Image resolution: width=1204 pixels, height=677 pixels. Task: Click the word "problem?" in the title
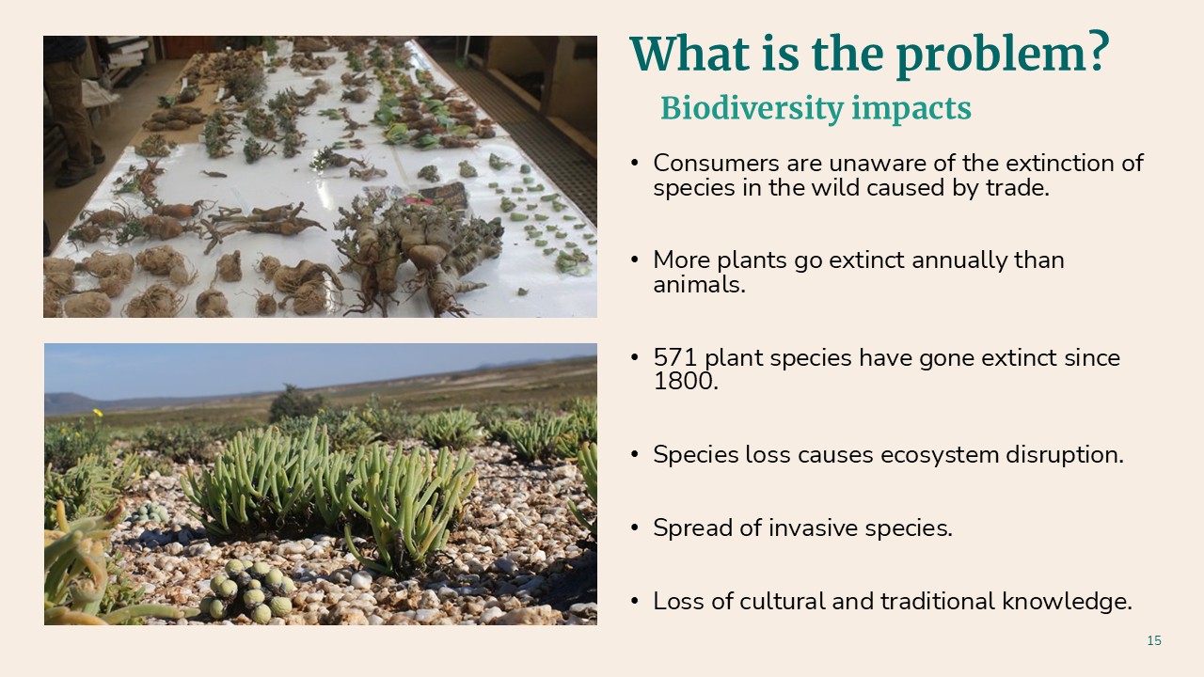click(1003, 55)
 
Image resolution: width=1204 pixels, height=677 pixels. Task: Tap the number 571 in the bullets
click(675, 357)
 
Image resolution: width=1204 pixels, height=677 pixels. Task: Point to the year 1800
click(686, 382)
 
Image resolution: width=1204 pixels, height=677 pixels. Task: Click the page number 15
click(1154, 640)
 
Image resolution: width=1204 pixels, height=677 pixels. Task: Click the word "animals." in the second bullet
click(699, 285)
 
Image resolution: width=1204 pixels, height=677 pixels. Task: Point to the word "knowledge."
click(1067, 602)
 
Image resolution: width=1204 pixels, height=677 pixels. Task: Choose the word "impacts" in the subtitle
click(911, 109)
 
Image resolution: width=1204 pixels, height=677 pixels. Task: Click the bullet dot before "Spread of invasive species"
click(635, 528)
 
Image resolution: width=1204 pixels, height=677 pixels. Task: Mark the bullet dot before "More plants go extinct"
click(635, 260)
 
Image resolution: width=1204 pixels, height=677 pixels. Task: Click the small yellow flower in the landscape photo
click(98, 413)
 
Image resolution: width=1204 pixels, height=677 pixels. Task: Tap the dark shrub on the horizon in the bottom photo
click(292, 403)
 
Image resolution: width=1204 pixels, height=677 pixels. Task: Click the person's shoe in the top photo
click(76, 177)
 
